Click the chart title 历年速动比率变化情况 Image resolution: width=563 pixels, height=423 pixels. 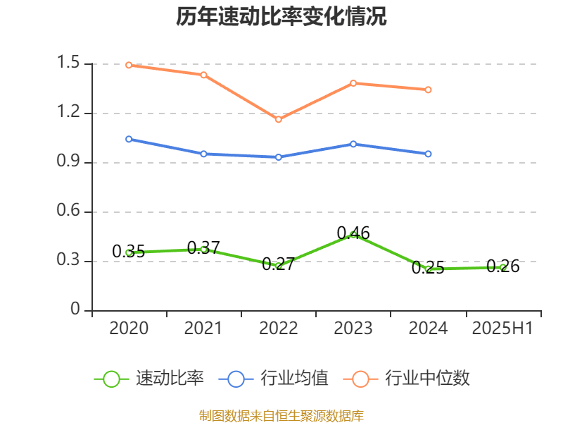pos(281,17)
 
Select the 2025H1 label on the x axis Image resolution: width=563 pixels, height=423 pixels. pos(502,329)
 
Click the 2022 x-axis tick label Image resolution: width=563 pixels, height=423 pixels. pos(279,329)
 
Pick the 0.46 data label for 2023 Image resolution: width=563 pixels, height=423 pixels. pos(353,233)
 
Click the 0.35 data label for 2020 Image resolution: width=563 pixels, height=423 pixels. pos(129,251)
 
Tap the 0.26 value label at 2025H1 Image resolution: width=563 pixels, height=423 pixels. pos(503,266)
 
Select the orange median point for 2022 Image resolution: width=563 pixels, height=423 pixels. pos(279,119)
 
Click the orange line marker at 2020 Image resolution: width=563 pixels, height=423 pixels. pos(129,65)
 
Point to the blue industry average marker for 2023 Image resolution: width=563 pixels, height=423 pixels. pos(353,144)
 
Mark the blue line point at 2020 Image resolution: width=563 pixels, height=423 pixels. pos(129,139)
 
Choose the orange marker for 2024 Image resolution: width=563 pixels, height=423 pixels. pos(429,90)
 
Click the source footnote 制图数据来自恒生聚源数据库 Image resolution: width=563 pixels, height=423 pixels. pos(281,415)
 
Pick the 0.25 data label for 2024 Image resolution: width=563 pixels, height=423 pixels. pos(428,268)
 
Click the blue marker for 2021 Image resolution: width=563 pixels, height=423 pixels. pos(203,154)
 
